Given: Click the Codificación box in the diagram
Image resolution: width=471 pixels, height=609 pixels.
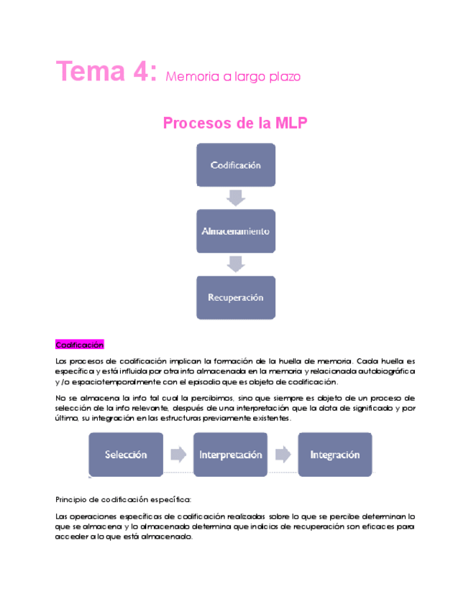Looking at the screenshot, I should [235, 165].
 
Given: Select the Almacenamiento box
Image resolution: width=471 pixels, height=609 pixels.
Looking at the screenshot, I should [235, 231].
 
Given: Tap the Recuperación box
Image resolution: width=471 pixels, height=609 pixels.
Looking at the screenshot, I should [235, 297].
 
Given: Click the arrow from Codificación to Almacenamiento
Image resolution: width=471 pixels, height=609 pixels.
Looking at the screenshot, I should [235, 197].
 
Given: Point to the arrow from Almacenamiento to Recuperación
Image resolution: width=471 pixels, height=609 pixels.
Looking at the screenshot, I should [235, 264].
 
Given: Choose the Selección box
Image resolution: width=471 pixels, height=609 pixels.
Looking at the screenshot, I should [126, 455].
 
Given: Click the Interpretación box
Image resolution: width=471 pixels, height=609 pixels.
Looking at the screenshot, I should [230, 455].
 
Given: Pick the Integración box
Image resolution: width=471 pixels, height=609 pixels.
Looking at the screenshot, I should [335, 455].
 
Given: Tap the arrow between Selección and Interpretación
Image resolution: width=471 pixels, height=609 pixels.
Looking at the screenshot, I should [178, 455].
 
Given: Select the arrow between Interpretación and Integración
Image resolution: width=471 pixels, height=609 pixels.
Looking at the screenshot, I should [283, 455].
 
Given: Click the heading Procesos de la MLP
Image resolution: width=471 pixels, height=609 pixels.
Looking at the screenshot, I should [235, 123].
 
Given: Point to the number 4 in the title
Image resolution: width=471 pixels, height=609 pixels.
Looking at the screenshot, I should [142, 72].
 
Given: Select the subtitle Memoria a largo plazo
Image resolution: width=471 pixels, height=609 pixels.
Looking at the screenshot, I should [233, 76].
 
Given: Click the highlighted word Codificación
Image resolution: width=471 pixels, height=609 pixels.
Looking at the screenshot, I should [80, 345].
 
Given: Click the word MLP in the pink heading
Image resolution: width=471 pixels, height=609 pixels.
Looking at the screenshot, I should [291, 123].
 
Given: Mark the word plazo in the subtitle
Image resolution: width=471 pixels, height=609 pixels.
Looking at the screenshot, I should [283, 77].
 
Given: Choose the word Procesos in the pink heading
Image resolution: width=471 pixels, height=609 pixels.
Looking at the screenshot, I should [192, 123].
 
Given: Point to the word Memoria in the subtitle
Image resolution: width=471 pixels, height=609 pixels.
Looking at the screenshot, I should [189, 76].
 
